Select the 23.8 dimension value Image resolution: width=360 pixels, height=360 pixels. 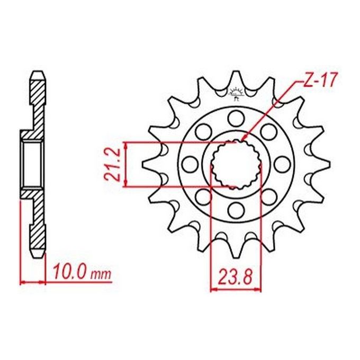click(236, 276)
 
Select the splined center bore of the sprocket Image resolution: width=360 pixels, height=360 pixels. click(236, 164)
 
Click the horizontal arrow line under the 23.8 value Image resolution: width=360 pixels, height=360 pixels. click(236, 289)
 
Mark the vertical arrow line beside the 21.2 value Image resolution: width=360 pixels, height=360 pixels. click(125, 164)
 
